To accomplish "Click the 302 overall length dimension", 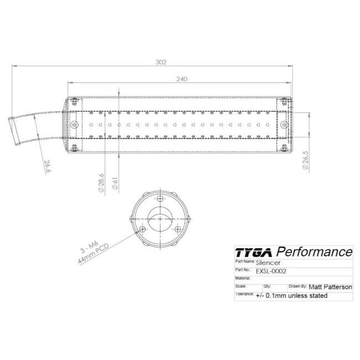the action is coord(161,62).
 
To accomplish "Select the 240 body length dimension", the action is coord(182,79).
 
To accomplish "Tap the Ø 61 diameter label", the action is coord(115,183).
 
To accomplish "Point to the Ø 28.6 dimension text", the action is coord(101,183).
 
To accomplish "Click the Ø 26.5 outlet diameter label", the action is coord(306,160).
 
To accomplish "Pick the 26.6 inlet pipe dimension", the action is coord(48,166).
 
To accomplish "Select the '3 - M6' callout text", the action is coord(89,247).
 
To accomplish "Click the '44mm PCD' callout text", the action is coord(93,254).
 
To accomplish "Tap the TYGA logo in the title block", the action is coord(254,253).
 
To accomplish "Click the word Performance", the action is coord(315,251).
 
